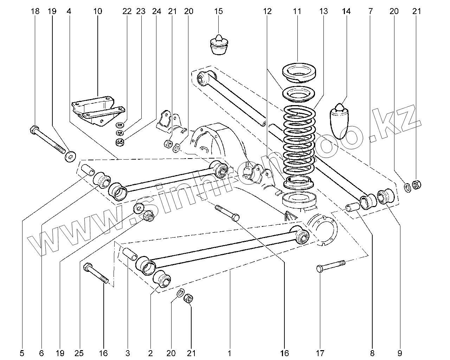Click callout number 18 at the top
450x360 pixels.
click(35, 11)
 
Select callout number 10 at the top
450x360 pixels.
click(98, 11)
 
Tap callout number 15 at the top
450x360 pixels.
click(218, 11)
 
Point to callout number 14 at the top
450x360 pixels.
click(346, 11)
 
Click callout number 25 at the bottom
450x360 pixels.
click(79, 353)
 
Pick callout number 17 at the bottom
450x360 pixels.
click(320, 353)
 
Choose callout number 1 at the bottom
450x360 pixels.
click(229, 353)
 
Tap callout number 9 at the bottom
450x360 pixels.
click(399, 353)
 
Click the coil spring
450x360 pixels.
click(300, 141)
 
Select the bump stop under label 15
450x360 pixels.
click(219, 45)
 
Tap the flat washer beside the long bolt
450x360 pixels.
click(70, 156)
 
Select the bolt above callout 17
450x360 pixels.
click(331, 266)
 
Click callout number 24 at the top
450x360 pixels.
click(157, 11)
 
